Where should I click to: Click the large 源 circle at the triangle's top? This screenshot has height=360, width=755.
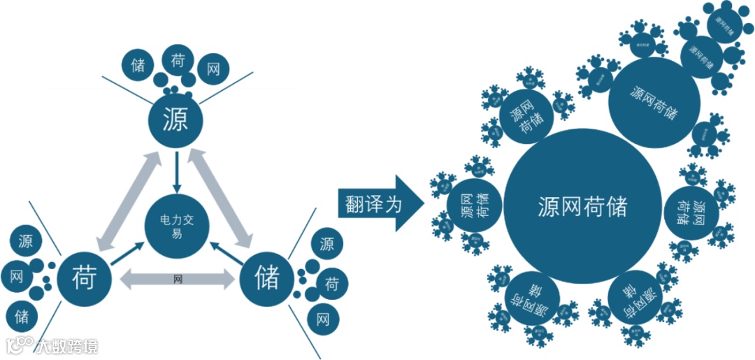click(175, 121)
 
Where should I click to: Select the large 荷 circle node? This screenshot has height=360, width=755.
click(84, 279)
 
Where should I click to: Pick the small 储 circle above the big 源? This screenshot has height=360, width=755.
click(138, 66)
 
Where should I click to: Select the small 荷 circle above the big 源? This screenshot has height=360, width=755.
click(178, 61)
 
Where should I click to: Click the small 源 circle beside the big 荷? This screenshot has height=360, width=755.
click(26, 242)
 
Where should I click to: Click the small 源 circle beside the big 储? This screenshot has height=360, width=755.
click(326, 244)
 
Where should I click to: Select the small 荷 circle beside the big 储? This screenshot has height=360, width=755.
click(332, 284)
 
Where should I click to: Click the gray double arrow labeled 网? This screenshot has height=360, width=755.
click(178, 280)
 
